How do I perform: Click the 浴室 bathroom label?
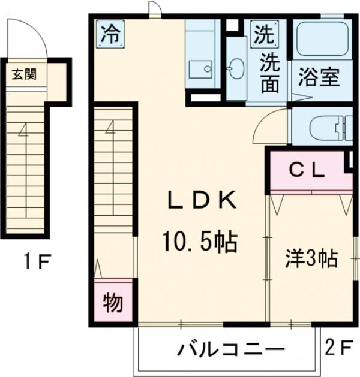320,79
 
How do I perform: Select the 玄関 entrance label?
24,75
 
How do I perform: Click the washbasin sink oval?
236,67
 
